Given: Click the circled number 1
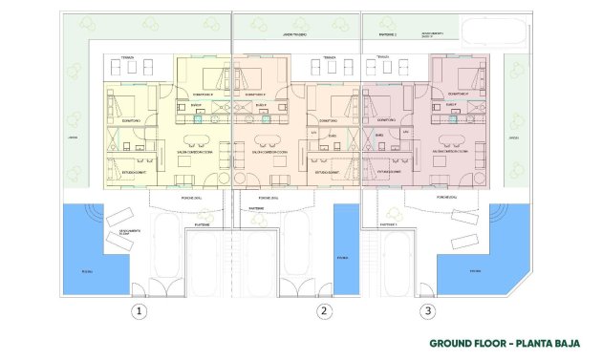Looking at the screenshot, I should [140, 310].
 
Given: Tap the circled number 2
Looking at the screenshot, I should [325, 310].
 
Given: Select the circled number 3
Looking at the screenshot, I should [427, 310].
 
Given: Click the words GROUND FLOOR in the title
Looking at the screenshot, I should [464, 342].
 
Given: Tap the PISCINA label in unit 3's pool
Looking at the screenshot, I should [475, 269].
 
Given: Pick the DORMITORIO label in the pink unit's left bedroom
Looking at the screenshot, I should [386, 120].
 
